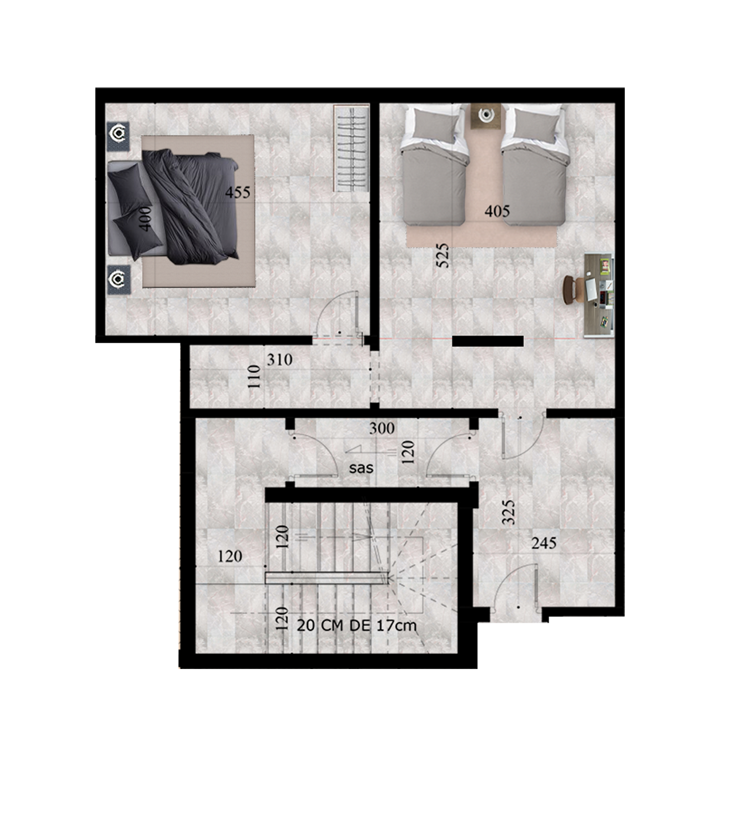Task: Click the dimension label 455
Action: [238, 192]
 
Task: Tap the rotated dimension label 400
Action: [145, 219]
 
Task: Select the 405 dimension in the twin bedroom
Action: [497, 211]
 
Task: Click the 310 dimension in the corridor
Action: [280, 360]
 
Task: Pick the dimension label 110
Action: [254, 376]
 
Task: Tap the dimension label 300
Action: [382, 428]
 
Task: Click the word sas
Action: [361, 468]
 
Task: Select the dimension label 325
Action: [509, 513]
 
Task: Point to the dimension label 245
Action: [544, 543]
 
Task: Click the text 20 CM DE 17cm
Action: [357, 625]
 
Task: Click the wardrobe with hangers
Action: [351, 148]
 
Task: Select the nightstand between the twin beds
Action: [486, 116]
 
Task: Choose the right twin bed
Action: [535, 164]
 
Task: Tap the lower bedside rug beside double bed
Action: [119, 279]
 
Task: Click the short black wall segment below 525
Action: [488, 341]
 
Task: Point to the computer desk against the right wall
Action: [599, 295]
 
